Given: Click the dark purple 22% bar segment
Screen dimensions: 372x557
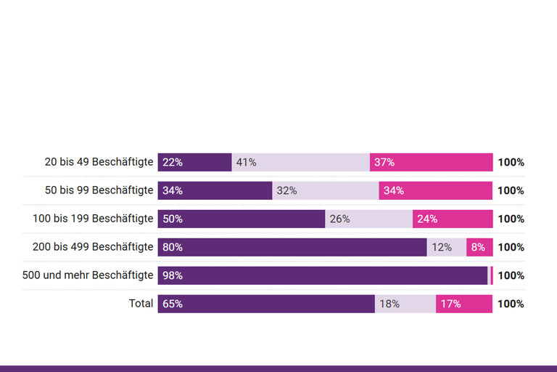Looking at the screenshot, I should [194, 162].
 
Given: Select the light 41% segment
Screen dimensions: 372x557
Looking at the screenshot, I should [300, 162].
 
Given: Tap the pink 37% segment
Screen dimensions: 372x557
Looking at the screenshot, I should [431, 162].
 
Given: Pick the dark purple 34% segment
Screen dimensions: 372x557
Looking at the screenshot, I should [215, 190].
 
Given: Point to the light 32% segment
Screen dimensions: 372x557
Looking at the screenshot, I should [325, 190].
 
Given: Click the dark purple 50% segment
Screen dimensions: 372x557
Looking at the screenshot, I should [241, 219].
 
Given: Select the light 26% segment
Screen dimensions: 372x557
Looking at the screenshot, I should [368, 219].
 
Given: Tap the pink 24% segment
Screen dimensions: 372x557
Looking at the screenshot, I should [453, 219].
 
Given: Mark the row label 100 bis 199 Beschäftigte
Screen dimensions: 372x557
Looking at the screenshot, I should [93, 219].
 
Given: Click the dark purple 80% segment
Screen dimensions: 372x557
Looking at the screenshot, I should [292, 247].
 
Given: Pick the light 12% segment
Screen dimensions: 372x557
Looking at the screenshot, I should [446, 247].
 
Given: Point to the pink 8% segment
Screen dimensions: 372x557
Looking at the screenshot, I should [479, 247].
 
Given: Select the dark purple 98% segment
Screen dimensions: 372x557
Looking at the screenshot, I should [323, 275].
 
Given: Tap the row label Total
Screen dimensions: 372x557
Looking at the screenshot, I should [141, 304].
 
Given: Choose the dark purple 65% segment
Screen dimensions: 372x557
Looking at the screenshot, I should [266, 304].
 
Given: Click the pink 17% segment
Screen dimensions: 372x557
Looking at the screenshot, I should [464, 304].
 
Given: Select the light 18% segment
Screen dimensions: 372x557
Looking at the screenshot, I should [405, 304].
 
